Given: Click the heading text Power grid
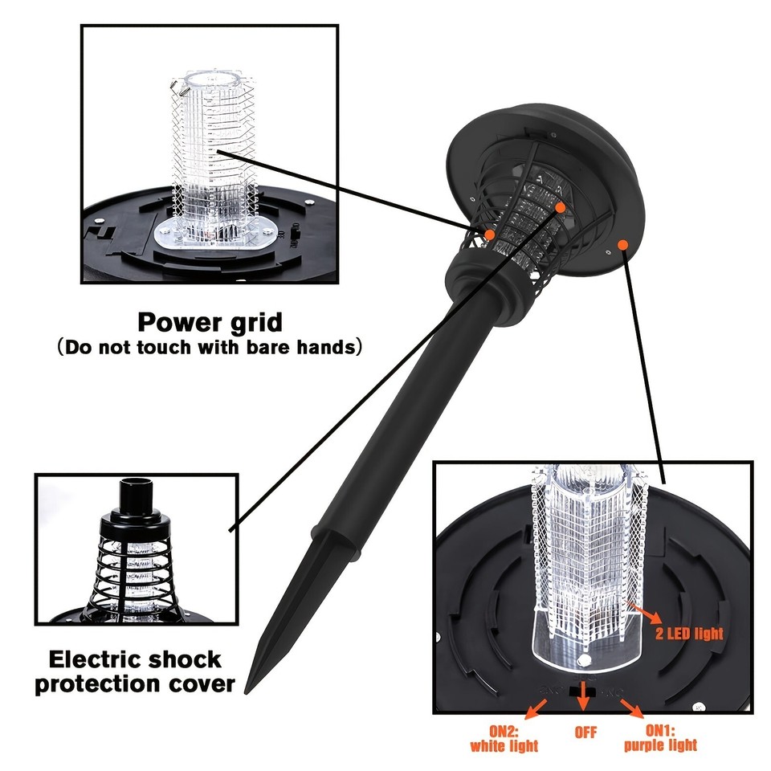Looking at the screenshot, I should (210, 323).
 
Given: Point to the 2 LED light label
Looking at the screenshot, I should (689, 634).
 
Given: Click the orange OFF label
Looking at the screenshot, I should (586, 733).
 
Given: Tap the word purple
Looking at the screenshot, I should (645, 746).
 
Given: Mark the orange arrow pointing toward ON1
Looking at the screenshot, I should (632, 708).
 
